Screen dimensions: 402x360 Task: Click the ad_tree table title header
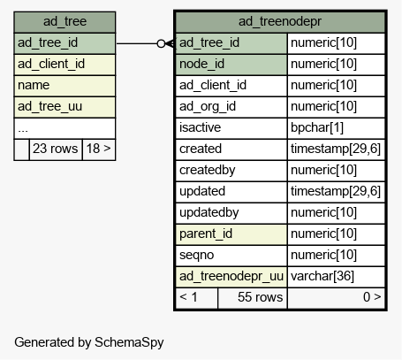coord(64,22)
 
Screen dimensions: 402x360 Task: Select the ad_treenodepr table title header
coord(280,22)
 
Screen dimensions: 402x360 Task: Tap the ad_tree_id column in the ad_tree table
coord(64,43)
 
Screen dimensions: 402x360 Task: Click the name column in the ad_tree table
coord(64,86)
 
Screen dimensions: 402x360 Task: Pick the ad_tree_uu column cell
coord(64,107)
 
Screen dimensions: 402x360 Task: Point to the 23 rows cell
coord(56,149)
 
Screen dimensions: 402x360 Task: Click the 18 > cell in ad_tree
coord(99,149)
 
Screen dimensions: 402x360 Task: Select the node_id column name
coord(231,65)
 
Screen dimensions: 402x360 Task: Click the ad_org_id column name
coord(231,107)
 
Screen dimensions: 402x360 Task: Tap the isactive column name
coord(231,128)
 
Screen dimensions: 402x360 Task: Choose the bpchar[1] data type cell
coord(337,128)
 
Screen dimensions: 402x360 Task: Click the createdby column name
coord(231,171)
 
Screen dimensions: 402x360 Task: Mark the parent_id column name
coord(231,234)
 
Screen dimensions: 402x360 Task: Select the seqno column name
coord(231,256)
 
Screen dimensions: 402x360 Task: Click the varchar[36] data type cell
coord(337,277)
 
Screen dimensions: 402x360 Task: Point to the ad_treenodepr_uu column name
coord(231,277)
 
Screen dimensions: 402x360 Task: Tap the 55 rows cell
coord(253,298)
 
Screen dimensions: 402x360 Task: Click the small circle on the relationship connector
coord(161,43)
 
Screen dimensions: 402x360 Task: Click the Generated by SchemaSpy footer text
coord(89,342)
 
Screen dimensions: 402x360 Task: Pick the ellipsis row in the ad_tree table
coord(64,128)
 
